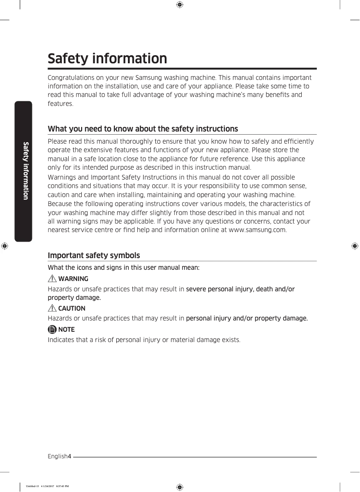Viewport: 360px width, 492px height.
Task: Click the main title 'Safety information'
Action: tap(107, 59)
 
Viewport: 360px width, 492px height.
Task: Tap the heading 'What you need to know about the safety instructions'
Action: tap(143, 129)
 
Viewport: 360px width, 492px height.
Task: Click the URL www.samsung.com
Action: tap(257, 230)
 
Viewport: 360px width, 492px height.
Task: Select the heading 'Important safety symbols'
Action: tap(94, 255)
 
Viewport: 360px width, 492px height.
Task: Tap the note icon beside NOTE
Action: tap(53, 329)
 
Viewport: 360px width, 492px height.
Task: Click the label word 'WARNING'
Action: tap(73, 279)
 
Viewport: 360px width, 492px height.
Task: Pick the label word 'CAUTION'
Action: tap(72, 308)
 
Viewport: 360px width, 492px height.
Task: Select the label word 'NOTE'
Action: tap(66, 329)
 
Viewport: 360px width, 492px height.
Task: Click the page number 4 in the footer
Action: tap(70, 457)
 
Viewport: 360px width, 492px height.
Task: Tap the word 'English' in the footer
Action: tap(57, 457)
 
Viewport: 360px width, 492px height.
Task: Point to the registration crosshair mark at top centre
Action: tap(179, 5)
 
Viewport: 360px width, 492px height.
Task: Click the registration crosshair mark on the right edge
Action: tap(355, 246)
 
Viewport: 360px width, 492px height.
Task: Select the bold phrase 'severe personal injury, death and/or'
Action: tap(240, 289)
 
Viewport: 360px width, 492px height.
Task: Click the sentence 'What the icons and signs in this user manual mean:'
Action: tap(123, 268)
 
